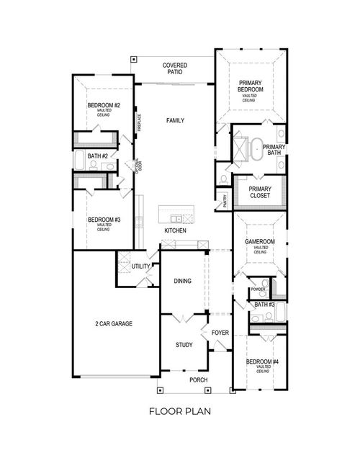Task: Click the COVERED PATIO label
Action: tap(174, 69)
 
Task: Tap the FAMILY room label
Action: tap(175, 120)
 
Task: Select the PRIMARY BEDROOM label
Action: tap(251, 86)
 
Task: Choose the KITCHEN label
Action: tap(175, 230)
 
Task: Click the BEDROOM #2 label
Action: tap(104, 106)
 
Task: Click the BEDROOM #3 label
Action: tap(104, 220)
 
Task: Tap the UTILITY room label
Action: tap(140, 266)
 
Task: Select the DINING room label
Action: tap(182, 281)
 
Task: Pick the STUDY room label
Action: tap(184, 345)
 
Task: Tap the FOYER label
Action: tap(220, 333)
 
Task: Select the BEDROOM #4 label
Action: tap(262, 362)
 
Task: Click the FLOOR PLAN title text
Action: tap(179, 412)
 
